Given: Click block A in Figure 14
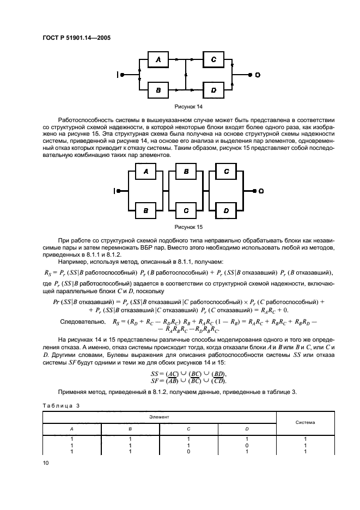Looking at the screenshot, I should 158,59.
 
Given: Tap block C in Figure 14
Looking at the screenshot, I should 213,59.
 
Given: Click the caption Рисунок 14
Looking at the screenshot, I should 186,107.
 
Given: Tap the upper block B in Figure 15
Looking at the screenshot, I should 186,172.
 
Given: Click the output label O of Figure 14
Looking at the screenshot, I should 258,74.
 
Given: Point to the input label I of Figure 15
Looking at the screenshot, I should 116,191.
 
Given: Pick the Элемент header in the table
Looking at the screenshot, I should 159,416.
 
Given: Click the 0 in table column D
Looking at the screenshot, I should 247,445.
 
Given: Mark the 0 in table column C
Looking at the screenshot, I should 188,452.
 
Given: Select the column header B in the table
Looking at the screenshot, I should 130,429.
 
